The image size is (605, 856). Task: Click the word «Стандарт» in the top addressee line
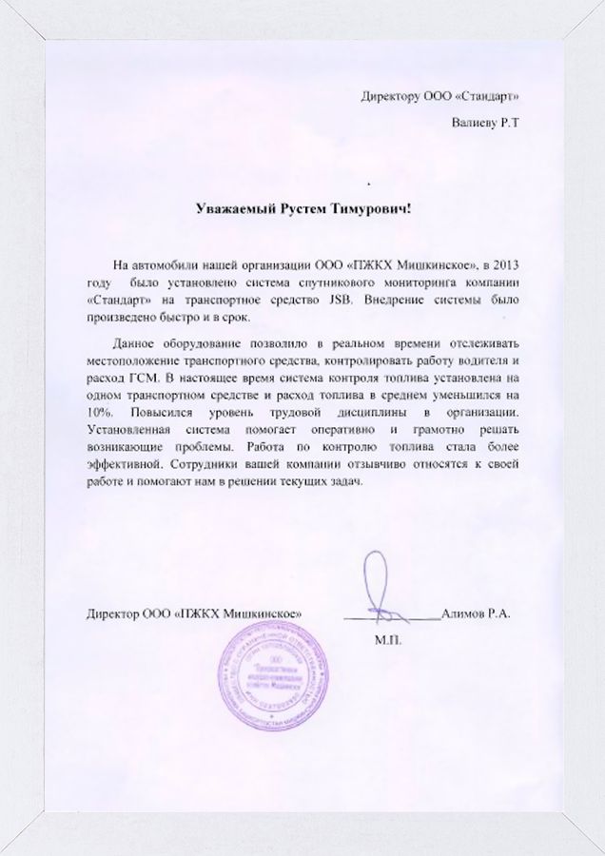pyautogui.click(x=491, y=96)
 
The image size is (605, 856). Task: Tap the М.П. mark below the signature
pyautogui.click(x=390, y=639)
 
